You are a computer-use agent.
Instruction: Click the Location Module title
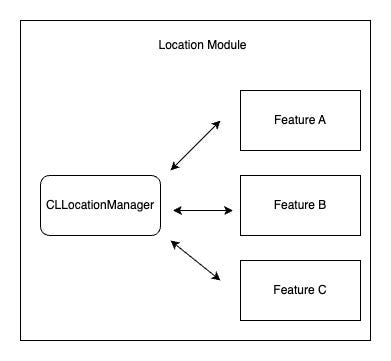(202, 46)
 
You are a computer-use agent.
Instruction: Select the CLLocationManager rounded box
(100, 204)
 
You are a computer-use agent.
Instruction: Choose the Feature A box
(299, 120)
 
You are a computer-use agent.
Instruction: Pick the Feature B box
(299, 204)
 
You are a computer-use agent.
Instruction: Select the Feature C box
(299, 290)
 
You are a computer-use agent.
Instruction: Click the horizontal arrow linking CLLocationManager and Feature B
(202, 210)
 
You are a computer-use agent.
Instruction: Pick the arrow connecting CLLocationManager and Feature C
(196, 260)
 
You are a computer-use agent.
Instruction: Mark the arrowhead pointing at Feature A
(217, 124)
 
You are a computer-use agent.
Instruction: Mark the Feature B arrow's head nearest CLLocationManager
(176, 210)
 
